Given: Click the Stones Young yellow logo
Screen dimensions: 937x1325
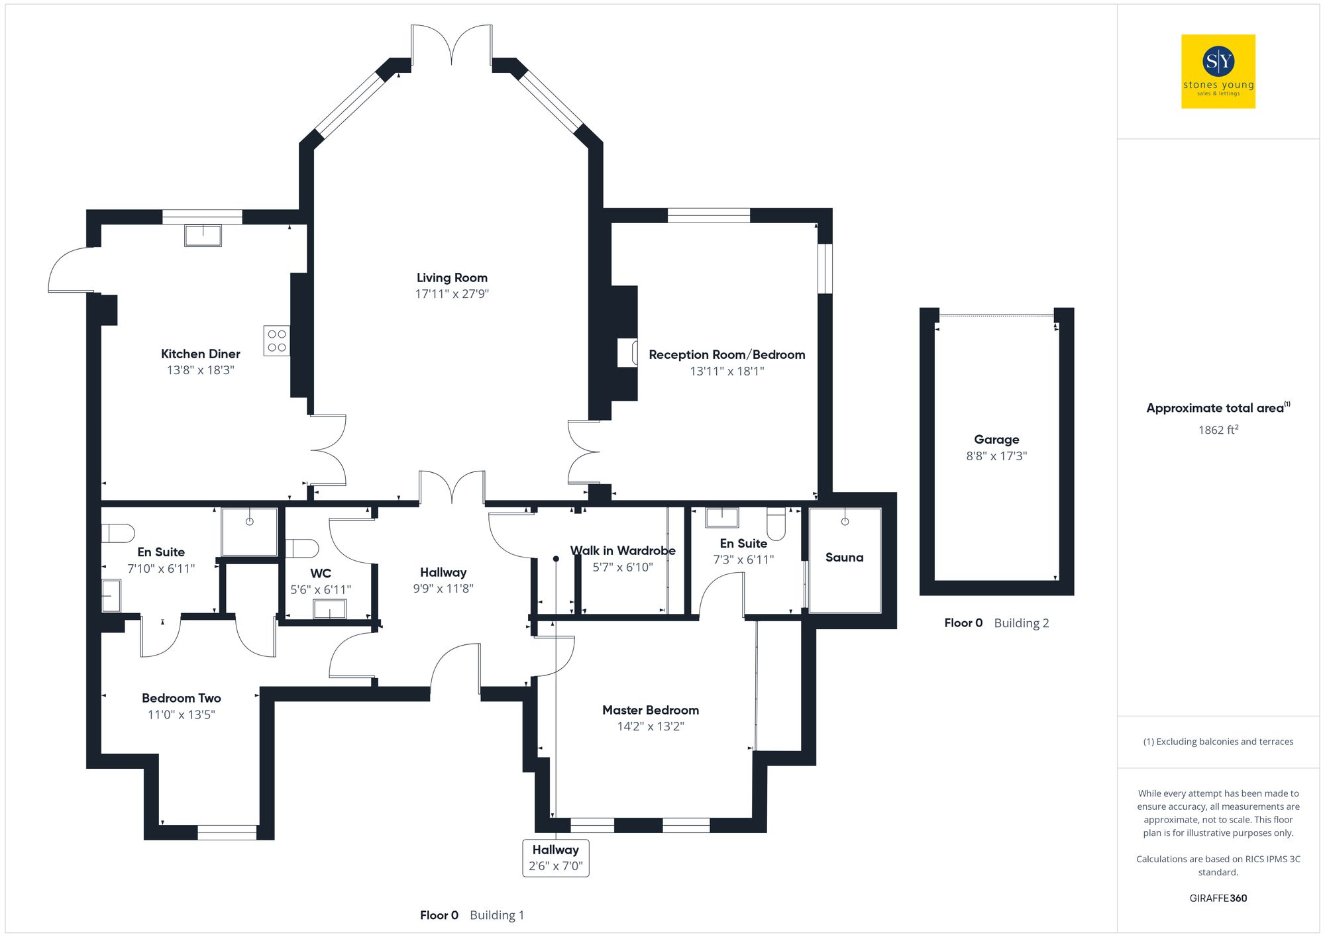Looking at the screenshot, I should tap(1218, 72).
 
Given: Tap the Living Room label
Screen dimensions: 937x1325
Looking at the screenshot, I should tap(452, 278).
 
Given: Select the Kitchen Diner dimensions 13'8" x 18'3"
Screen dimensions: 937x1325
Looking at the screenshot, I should tap(200, 370).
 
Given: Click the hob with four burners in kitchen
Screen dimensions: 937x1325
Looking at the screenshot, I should tap(277, 340).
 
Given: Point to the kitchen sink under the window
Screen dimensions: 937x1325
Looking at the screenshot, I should tap(203, 236).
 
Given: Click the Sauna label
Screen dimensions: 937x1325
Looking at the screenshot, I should tap(844, 558).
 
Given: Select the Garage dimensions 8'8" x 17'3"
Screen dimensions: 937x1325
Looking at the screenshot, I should tap(996, 456).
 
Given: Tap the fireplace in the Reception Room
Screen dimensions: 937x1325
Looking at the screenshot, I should tap(627, 352).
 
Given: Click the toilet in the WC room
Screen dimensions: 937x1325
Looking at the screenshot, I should tap(301, 548).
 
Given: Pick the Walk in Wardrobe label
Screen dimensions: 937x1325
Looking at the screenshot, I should tap(623, 551).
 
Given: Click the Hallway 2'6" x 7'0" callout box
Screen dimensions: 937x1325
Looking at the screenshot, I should tap(556, 858).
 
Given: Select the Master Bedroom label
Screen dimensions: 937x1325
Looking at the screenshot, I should tap(650, 711).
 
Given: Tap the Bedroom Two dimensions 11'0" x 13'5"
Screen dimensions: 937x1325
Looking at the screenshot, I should tap(181, 715).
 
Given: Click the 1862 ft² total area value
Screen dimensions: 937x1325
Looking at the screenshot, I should tap(1218, 430).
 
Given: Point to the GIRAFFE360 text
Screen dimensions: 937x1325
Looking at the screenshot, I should tap(1218, 899).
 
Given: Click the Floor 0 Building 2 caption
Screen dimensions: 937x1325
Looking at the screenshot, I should tap(996, 623).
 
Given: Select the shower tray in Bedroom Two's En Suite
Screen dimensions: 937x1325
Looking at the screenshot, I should tap(249, 532).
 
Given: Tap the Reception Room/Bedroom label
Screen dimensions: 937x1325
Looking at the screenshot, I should tap(727, 355).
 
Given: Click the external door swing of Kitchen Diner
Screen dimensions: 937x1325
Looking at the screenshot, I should tap(72, 270).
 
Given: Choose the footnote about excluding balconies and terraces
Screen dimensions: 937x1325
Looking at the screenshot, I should tap(1218, 742).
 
